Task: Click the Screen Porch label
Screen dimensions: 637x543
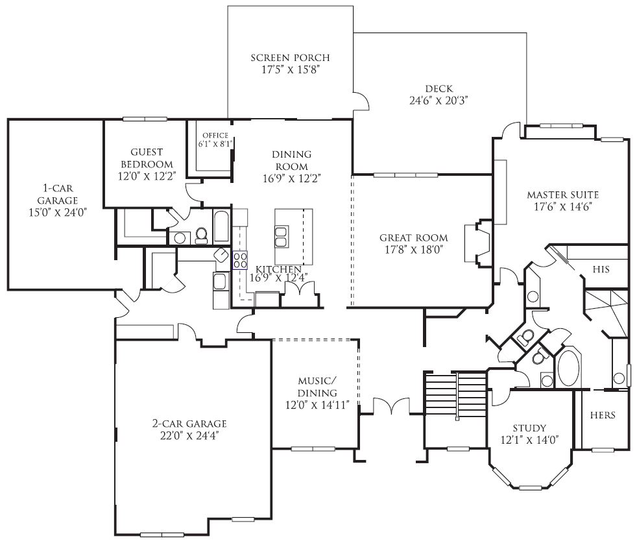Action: coord(290,58)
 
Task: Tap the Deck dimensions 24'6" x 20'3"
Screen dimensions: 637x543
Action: coord(439,101)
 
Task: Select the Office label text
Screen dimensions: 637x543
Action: coord(215,136)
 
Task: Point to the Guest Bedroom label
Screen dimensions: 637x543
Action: coord(147,158)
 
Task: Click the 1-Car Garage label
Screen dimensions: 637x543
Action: coord(58,194)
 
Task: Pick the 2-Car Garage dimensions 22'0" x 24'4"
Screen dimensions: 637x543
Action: coord(189,436)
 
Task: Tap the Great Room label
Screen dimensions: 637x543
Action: coord(414,238)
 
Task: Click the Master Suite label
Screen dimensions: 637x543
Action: coord(562,195)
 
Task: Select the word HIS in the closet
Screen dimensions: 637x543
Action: coord(601,269)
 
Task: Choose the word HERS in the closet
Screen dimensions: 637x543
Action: coord(603,415)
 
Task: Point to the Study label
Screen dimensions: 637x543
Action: coord(529,428)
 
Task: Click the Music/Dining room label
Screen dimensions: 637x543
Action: coord(317,387)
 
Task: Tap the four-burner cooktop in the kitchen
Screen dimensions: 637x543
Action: coord(240,260)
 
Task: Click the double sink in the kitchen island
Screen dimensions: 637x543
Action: coord(282,237)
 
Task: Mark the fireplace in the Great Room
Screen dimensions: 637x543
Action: coord(477,243)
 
